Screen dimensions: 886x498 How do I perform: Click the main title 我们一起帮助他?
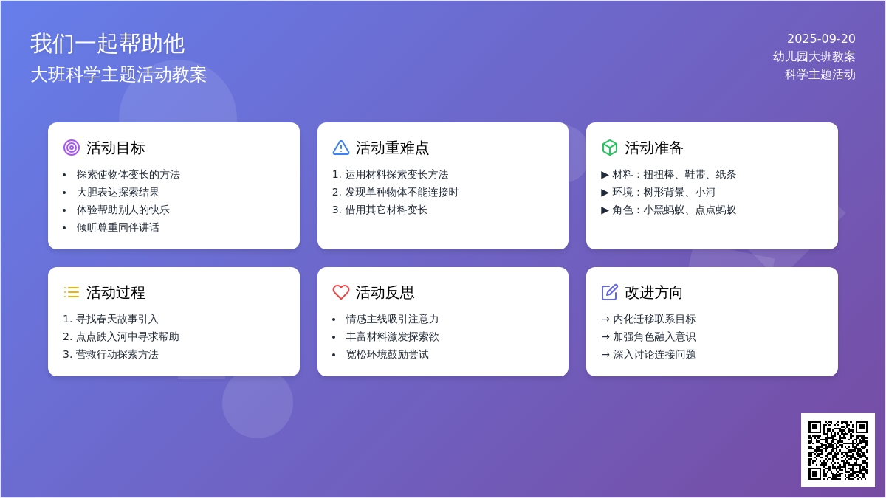[108, 44]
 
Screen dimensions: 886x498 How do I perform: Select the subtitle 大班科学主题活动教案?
[119, 75]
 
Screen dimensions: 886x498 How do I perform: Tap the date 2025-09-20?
[821, 38]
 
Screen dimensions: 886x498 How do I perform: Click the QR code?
[838, 450]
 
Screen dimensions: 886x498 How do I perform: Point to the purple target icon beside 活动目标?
[72, 148]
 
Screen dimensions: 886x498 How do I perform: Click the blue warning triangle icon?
[341, 148]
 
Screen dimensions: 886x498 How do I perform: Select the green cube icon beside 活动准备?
[610, 148]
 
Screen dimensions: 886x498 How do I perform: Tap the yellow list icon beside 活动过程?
[72, 292]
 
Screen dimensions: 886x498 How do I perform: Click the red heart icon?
[341, 292]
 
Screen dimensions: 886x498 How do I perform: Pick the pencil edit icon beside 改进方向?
[610, 292]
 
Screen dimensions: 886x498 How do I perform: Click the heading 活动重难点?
[392, 148]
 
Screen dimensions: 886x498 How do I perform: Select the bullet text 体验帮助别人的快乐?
[123, 210]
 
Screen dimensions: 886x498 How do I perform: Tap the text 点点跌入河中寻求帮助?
[127, 336]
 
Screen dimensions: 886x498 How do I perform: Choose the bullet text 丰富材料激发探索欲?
[392, 336]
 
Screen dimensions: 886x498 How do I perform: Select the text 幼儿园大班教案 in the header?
[814, 57]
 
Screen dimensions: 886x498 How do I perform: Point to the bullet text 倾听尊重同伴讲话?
[118, 228]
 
